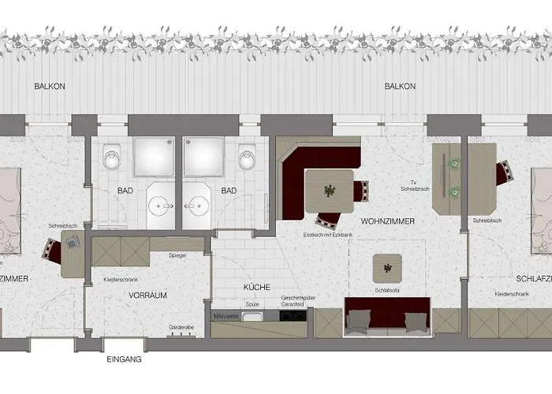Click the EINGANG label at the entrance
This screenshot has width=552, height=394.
coord(125,359)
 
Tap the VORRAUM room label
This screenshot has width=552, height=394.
coord(147,295)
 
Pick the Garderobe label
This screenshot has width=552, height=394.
coord(181,326)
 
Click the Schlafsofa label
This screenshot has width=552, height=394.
coord(386,290)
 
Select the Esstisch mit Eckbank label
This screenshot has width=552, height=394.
coord(327,235)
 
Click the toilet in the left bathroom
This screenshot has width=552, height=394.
coord(111,159)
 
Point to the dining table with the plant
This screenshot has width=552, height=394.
coord(328,191)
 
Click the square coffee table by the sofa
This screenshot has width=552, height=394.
coord(387,269)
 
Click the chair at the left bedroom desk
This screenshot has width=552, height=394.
coord(53,251)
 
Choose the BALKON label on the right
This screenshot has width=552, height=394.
coord(399,86)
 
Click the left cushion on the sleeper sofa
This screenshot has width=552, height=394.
coord(360,319)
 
